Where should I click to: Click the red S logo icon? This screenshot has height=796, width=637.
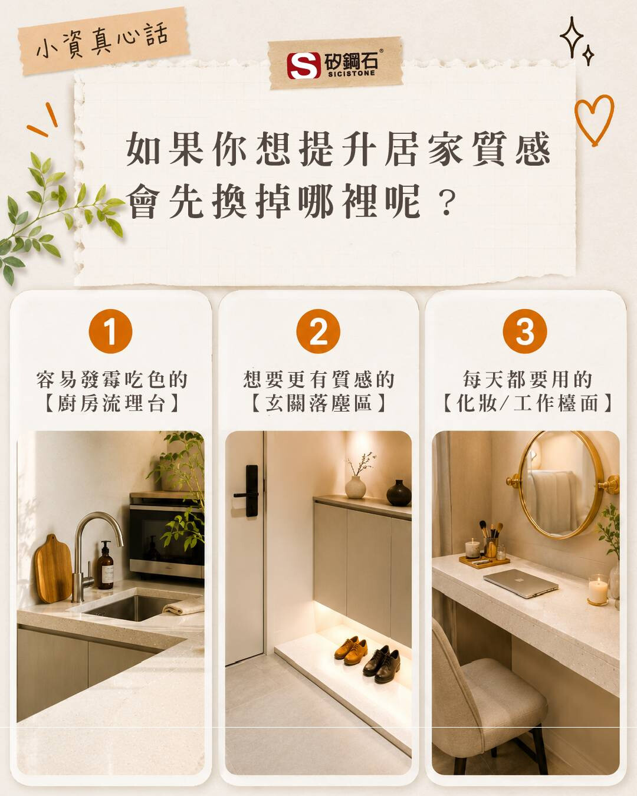coord(304,65)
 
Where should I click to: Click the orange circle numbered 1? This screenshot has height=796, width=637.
coord(110,331)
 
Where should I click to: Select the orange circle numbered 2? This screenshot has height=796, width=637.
coord(318,331)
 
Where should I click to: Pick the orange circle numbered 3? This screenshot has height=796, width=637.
coord(525,331)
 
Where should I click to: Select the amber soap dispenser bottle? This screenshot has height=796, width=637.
coord(106,565)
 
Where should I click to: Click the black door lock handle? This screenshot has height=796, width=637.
coord(248,491)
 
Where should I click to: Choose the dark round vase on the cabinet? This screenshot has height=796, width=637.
coord(399,493)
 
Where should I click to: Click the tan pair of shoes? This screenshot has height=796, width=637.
coord(350,650)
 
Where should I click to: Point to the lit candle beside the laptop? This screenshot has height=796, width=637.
coord(597,591)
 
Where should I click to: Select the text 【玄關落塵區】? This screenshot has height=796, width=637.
coord(318,403)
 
